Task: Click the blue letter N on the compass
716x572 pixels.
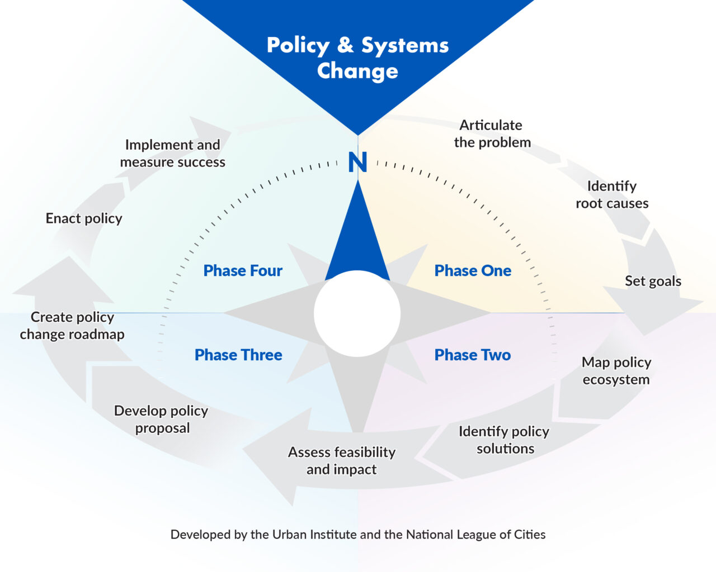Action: coord(357,162)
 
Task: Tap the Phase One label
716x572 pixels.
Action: coord(473,270)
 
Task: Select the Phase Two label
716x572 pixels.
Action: coord(473,355)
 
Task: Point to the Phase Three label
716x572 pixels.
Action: coord(238,355)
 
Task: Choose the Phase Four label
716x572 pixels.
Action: coord(243,270)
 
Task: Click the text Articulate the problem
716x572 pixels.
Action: coord(492,134)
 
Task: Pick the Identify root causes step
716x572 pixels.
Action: coord(612,195)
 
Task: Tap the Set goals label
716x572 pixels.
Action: coord(653,281)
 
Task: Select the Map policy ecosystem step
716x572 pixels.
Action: coord(616,371)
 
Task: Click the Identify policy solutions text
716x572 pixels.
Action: coord(504,440)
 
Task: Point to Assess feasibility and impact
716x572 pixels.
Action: coord(342,461)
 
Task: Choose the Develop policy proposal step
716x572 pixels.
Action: coord(161,420)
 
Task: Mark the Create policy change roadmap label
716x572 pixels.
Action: coord(72,326)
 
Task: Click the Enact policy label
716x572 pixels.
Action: coord(84,219)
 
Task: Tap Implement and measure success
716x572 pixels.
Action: coord(173,154)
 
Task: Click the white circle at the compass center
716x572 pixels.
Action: coord(357,313)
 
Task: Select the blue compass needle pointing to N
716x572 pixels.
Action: coord(357,239)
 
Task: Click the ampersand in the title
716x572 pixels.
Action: coord(345,45)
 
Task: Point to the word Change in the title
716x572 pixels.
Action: coord(357,71)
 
